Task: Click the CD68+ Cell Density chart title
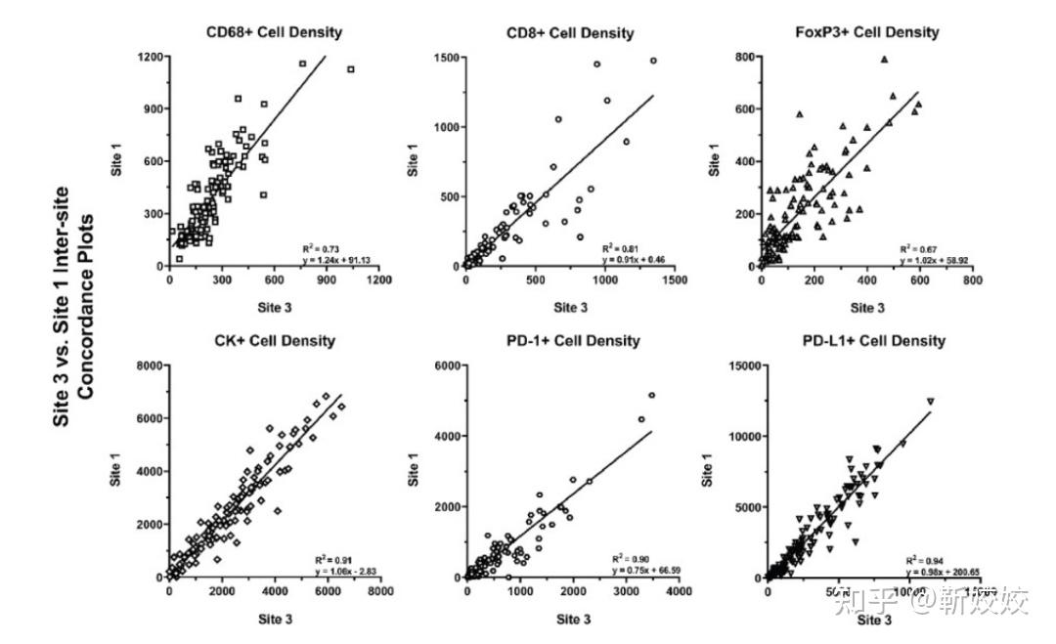click(x=274, y=32)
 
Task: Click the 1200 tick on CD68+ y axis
click(x=149, y=57)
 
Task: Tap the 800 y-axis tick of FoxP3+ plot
click(x=746, y=58)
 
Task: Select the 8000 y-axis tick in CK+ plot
click(x=149, y=365)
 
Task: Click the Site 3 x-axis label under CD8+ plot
click(x=570, y=307)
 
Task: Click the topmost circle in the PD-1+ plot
click(x=651, y=395)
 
